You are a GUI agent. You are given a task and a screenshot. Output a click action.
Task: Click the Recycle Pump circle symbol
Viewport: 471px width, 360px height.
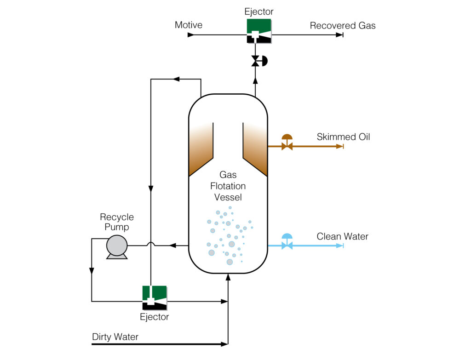[x=117, y=246]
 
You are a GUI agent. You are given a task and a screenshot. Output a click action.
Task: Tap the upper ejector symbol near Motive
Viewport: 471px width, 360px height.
[x=258, y=31]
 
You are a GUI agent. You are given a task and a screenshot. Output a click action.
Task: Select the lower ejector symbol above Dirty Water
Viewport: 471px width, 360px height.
[x=154, y=297]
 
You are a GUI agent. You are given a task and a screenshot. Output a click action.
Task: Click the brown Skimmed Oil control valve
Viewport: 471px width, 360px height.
[x=287, y=143]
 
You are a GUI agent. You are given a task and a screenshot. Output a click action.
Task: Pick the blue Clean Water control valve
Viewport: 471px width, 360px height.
[x=287, y=243]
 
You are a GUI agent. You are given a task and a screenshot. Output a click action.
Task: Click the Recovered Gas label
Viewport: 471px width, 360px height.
[x=342, y=26]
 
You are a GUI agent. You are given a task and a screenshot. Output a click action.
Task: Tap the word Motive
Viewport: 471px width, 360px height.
[x=188, y=25]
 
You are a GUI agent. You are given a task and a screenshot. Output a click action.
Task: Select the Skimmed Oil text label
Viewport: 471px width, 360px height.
[x=343, y=137]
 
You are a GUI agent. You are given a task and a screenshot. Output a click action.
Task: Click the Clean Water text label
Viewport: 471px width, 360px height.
[x=342, y=237]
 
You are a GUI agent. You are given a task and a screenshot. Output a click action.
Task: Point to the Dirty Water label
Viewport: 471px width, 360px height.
[x=115, y=337]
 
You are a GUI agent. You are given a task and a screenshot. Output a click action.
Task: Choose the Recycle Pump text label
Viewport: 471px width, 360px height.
[x=117, y=222]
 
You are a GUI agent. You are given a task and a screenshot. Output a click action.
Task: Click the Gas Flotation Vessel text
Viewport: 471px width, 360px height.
[x=228, y=186]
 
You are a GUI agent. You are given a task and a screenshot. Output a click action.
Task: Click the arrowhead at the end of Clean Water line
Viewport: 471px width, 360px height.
[x=340, y=246]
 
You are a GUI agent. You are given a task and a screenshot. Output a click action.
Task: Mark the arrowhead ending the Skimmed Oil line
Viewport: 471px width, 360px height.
[x=340, y=146]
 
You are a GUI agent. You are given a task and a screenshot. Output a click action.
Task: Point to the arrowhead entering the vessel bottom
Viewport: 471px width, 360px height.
[x=228, y=276]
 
